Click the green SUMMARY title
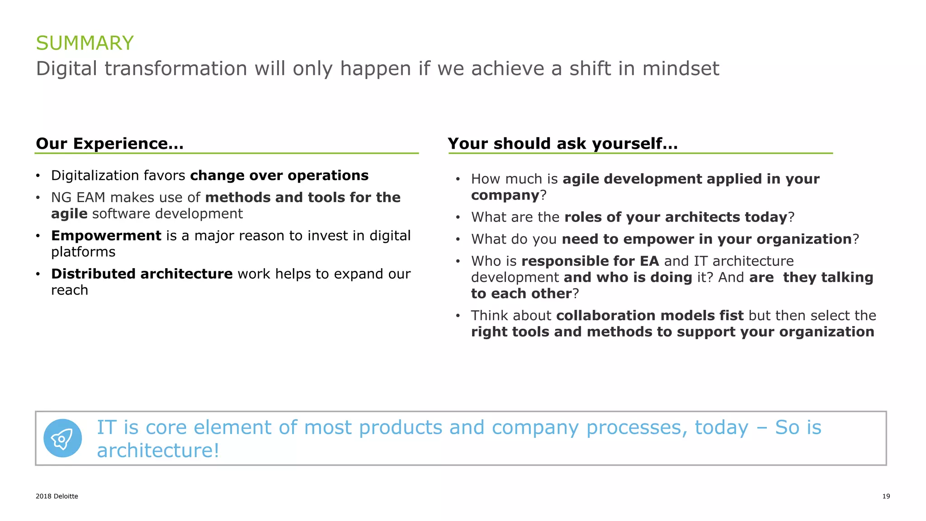85,43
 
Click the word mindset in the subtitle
680,69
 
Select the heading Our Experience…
109,143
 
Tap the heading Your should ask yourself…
562,143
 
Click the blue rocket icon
62,438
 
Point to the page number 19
886,496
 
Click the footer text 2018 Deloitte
57,496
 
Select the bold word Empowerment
106,236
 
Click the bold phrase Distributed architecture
142,274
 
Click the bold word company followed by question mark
505,195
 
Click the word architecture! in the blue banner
158,450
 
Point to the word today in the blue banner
721,427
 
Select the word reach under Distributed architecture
69,290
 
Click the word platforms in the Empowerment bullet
83,252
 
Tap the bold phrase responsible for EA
590,261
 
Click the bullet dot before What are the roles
458,218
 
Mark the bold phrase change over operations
279,175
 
